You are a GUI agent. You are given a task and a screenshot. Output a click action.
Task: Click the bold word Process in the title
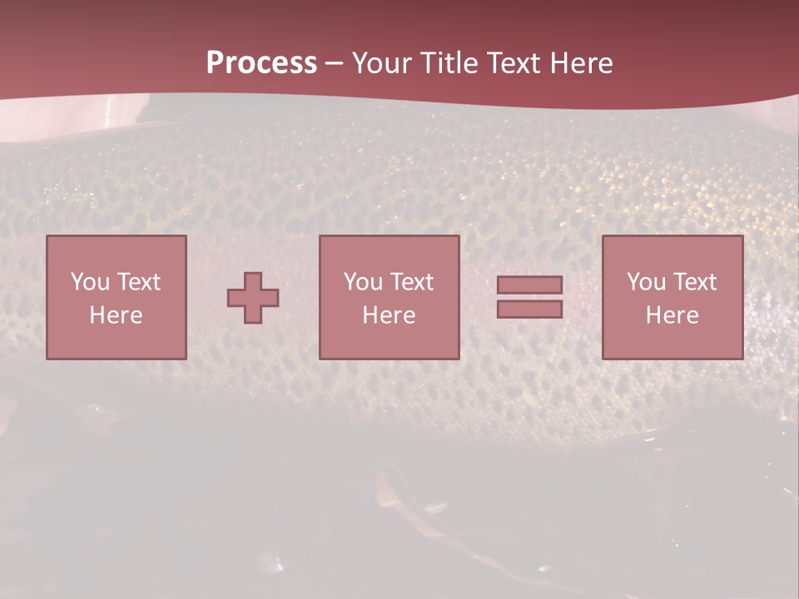point(261,63)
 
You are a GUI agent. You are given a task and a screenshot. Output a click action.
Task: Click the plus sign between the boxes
point(253,297)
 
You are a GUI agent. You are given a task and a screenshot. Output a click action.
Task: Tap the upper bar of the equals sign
point(529,285)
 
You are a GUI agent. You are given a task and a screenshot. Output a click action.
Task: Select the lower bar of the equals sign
point(529,309)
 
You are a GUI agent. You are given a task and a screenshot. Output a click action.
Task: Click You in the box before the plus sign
point(90,282)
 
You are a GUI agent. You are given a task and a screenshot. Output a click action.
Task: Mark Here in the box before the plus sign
point(116,315)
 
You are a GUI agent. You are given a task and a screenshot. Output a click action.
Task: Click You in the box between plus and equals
point(363,282)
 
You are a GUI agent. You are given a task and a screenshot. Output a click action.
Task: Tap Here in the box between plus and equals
point(389,315)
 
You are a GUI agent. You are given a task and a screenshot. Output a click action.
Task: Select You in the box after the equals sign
point(646,282)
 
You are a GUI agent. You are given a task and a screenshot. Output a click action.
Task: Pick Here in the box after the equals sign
point(672,315)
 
